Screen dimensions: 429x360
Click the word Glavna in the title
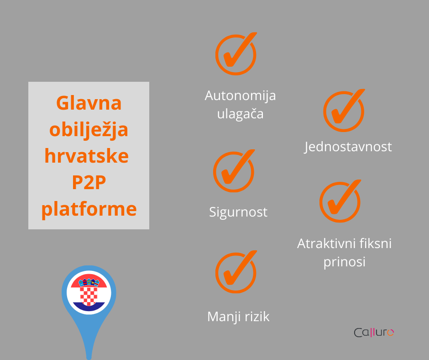pyautogui.click(x=89, y=103)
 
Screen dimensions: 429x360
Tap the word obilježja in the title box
pyautogui.click(x=89, y=130)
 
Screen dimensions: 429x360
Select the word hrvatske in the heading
pyautogui.click(x=86, y=156)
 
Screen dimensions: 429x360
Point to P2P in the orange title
pyautogui.click(x=89, y=182)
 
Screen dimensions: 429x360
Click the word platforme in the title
pyautogui.click(x=89, y=209)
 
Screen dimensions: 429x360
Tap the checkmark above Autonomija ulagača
pyautogui.click(x=236, y=54)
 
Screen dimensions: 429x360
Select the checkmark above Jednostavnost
pyautogui.click(x=344, y=111)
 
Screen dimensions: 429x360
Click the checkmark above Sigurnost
pyautogui.click(x=234, y=171)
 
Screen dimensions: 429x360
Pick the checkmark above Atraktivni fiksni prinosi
pyautogui.click(x=340, y=201)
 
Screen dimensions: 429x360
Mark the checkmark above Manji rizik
pyautogui.click(x=236, y=272)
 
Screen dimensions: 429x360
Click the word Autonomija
pyautogui.click(x=240, y=95)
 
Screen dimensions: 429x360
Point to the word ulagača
pyautogui.click(x=240, y=113)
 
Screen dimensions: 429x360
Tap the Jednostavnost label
pyautogui.click(x=348, y=147)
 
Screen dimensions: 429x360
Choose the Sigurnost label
pyautogui.click(x=238, y=212)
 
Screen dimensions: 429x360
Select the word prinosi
pyautogui.click(x=345, y=262)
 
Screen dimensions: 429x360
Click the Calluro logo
pyautogui.click(x=374, y=332)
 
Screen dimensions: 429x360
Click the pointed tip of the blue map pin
pyautogui.click(x=89, y=358)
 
